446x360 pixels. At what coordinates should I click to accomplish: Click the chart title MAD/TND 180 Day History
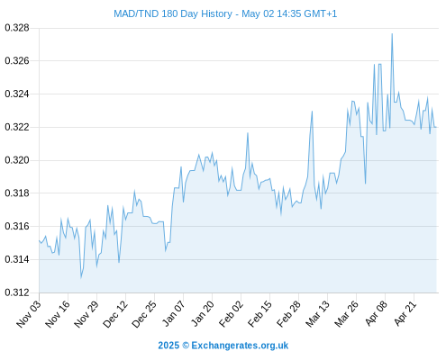click(x=173, y=13)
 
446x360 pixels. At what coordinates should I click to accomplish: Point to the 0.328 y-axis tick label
click(x=17, y=28)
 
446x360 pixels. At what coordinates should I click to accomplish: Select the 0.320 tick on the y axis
click(x=17, y=160)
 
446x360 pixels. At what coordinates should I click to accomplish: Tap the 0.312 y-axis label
click(x=17, y=292)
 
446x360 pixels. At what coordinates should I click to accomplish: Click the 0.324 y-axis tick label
click(x=17, y=94)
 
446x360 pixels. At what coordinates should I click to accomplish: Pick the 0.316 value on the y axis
click(x=17, y=226)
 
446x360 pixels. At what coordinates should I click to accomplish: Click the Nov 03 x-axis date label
click(x=29, y=314)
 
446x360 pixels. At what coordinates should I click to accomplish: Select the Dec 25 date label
click(x=144, y=314)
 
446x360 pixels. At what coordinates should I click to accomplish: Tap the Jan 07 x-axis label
click(x=174, y=313)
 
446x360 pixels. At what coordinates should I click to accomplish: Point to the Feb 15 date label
click(x=260, y=314)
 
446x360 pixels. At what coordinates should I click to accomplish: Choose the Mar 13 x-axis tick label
click(x=318, y=314)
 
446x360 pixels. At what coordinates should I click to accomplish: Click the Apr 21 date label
click(x=405, y=313)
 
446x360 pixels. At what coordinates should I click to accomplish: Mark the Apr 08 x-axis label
click(x=376, y=313)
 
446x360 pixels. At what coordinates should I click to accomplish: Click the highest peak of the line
click(x=392, y=34)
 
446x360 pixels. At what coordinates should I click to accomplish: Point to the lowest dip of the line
click(x=81, y=278)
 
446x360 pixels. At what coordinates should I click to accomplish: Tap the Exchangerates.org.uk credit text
click(x=240, y=346)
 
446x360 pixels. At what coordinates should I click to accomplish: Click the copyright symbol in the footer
click(x=186, y=346)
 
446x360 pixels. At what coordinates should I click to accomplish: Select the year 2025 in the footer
click(x=168, y=346)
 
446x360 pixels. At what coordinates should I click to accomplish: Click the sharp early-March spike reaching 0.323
click(x=312, y=112)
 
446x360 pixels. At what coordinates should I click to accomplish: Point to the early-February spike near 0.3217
click(x=248, y=133)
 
